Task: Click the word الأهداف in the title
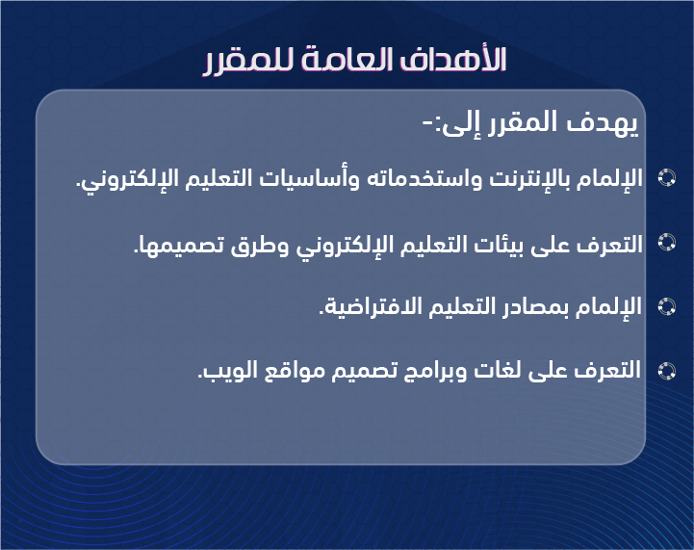pos(453,59)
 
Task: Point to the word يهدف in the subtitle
pos(603,123)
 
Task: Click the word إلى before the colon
pos(458,124)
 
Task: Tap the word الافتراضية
pos(364,306)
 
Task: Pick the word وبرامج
pos(435,371)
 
